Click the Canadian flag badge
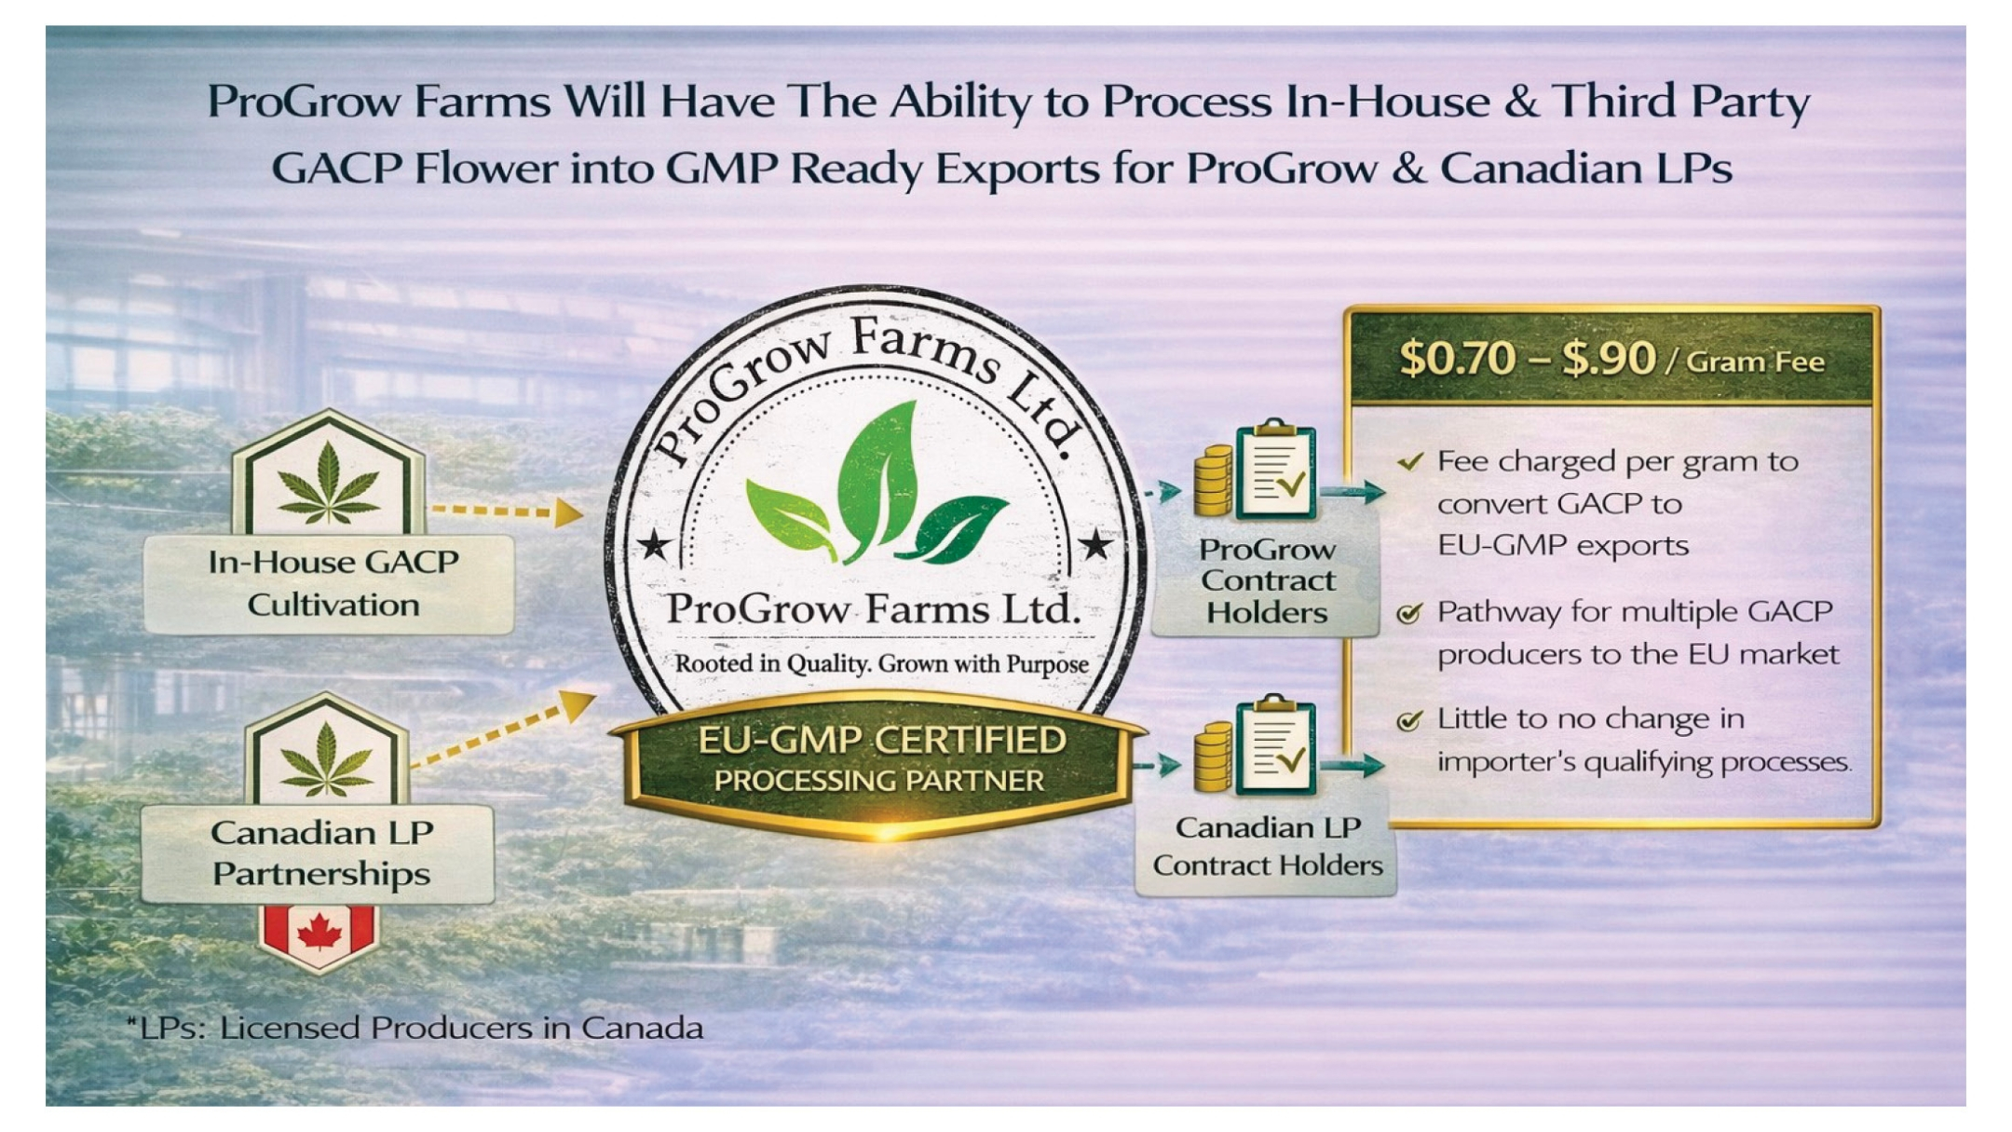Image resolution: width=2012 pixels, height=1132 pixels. (319, 934)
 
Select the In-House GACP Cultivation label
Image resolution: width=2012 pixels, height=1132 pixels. (333, 583)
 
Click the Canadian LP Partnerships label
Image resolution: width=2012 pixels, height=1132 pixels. (321, 852)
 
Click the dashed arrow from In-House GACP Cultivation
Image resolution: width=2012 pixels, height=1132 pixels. (507, 511)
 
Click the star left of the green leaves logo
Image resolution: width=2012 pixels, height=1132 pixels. (655, 545)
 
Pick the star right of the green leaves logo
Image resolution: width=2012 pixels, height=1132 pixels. (1095, 544)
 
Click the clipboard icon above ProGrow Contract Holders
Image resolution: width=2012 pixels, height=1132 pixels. (1275, 469)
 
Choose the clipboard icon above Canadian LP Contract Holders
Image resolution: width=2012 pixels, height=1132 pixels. (1275, 744)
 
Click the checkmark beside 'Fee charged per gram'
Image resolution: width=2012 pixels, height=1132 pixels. (1410, 460)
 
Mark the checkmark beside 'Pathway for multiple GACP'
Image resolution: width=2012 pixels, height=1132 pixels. (1409, 612)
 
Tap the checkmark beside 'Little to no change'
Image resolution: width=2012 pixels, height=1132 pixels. (1409, 720)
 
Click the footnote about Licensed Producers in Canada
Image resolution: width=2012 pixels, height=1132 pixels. (415, 1028)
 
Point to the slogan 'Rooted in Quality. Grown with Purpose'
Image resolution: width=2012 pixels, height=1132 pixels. (881, 663)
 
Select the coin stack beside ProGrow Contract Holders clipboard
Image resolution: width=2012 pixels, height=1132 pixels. (1213, 480)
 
